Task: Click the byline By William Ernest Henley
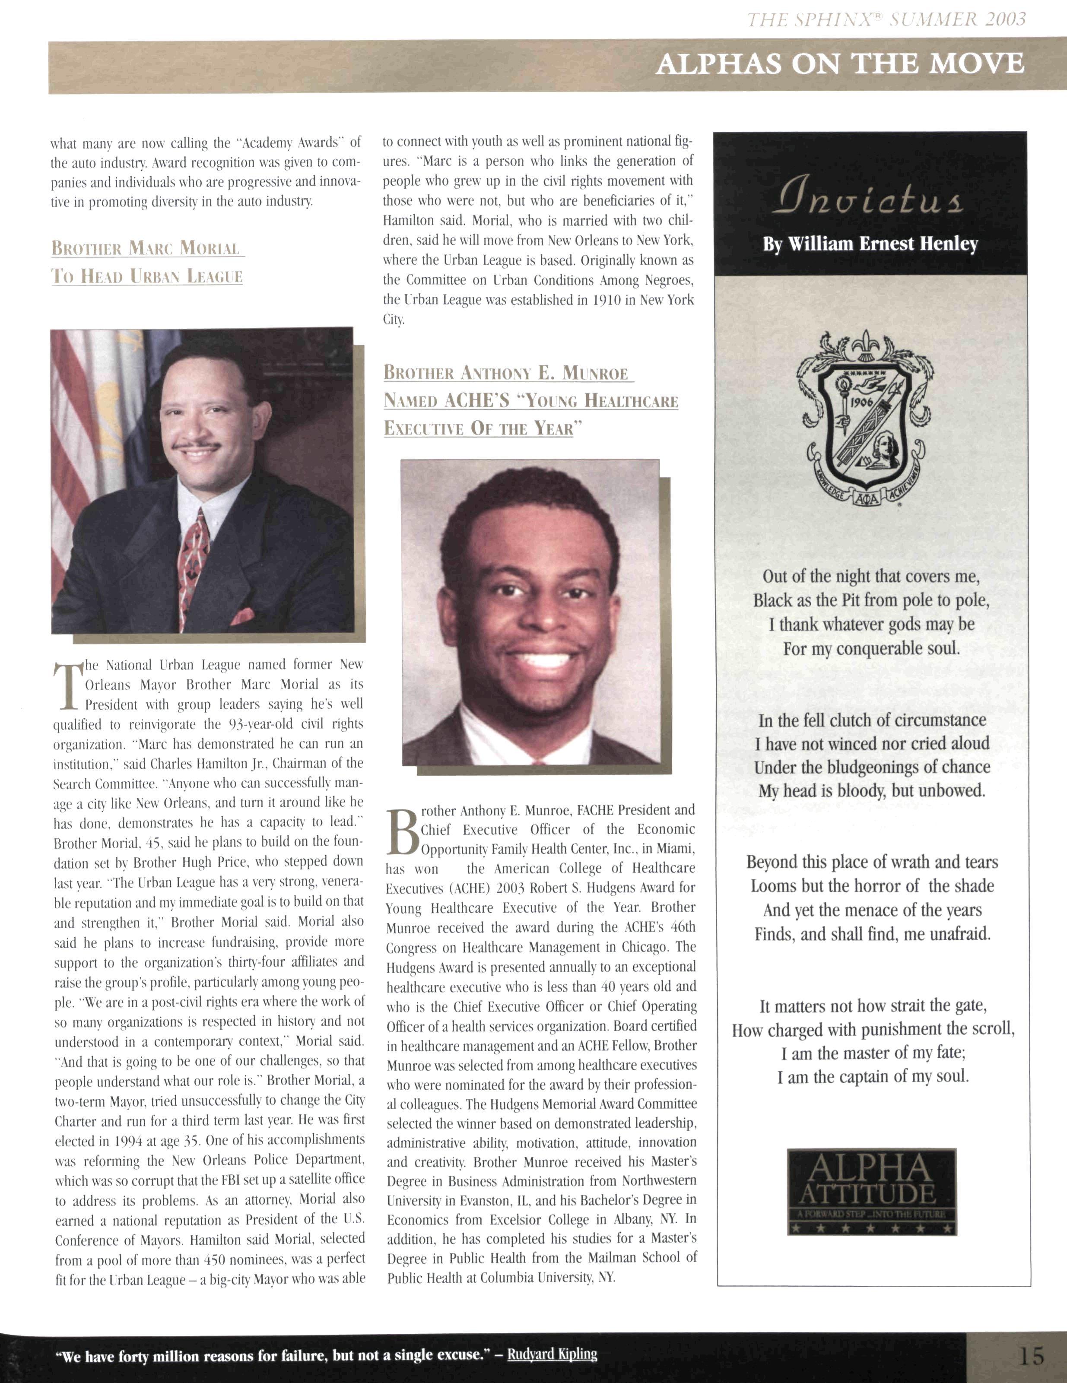tap(871, 244)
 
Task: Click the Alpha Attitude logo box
tap(871, 1193)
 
